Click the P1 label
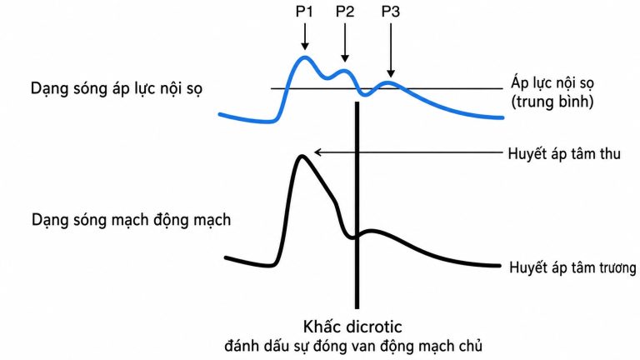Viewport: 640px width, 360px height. pos(304,12)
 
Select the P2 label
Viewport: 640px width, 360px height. pos(345,12)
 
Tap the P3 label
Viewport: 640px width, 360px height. pos(391,12)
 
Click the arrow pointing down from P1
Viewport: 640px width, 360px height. pos(304,37)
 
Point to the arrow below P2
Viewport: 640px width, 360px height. pos(345,42)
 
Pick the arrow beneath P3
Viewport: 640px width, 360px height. pos(391,50)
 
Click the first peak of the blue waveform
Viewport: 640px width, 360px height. pos(304,57)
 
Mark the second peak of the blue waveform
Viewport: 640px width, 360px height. pos(345,71)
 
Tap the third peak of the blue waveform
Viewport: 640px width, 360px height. pos(390,83)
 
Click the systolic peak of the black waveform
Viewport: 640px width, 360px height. pos(302,157)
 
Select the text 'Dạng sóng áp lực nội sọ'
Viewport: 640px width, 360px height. pos(117,89)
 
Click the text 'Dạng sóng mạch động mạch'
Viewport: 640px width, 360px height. pos(131,220)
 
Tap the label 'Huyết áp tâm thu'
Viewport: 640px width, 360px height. pos(564,154)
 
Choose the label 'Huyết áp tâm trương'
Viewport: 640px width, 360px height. pos(572,267)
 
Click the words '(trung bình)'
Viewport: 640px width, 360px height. pos(552,102)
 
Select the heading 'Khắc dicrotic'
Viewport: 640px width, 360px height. pos(352,327)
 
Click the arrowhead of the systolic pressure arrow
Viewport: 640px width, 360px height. pos(317,152)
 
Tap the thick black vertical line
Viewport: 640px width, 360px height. pos(357,205)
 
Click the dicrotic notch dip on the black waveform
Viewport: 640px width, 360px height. pos(352,237)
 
